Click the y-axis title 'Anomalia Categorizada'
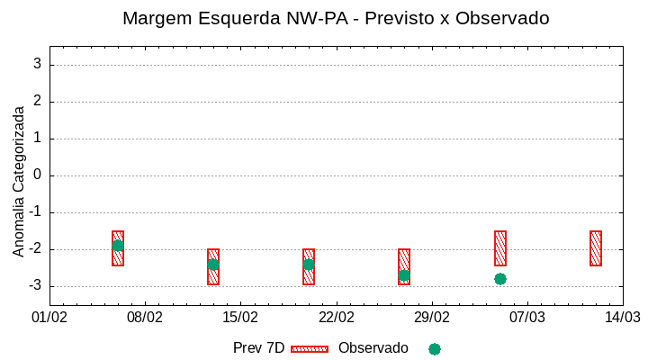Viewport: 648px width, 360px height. coord(19,181)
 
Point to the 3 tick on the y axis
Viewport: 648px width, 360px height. coord(38,65)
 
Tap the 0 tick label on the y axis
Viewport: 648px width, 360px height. coord(38,175)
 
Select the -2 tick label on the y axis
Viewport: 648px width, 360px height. coord(34,249)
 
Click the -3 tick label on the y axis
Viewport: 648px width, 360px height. coord(34,286)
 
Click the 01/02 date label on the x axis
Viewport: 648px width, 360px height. coord(49,317)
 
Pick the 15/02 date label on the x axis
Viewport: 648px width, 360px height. coord(240,317)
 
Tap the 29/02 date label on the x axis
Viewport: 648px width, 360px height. coord(431,317)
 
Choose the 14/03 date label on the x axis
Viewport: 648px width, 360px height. coord(622,317)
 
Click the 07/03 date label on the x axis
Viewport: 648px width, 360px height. coord(526,317)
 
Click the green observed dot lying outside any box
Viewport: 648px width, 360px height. coord(500,279)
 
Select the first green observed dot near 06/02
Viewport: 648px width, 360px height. coord(118,246)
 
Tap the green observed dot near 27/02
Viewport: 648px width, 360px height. coord(404,275)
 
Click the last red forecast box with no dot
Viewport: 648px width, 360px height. coord(596,248)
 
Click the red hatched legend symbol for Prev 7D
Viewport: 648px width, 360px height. coord(310,348)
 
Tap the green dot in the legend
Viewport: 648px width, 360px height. coord(435,348)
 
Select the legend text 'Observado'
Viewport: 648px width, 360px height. coord(373,348)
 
